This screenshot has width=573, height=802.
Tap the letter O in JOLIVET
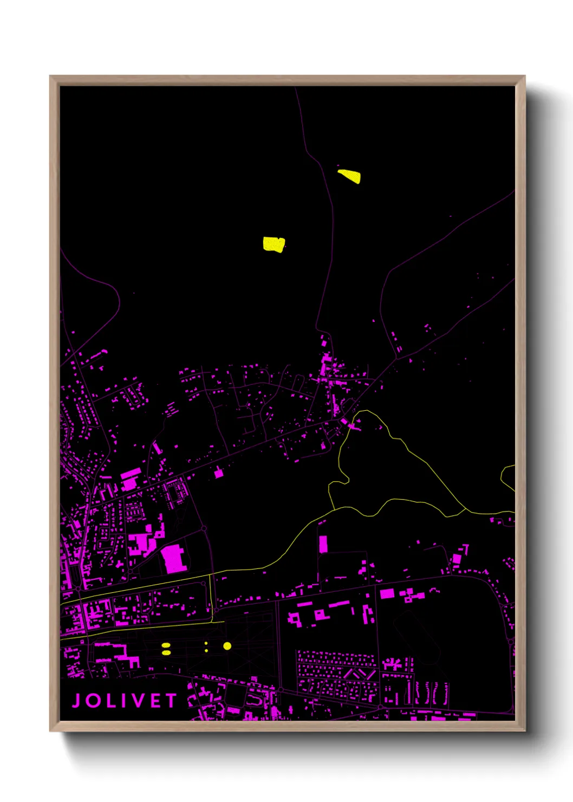click(94, 701)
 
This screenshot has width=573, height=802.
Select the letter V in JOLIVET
click(139, 701)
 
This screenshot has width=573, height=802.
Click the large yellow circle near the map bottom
click(227, 646)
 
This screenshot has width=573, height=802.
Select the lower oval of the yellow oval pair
click(166, 652)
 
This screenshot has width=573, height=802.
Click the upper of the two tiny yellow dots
click(206, 643)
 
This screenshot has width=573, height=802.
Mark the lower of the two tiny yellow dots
click(206, 649)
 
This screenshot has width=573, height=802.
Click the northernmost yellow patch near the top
click(350, 176)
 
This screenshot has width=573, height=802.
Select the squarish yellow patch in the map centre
click(274, 244)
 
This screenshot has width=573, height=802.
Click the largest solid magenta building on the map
click(174, 559)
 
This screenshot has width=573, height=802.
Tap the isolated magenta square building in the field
click(218, 474)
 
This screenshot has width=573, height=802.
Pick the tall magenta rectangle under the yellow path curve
click(323, 544)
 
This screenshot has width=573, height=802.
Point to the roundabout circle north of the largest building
click(204, 528)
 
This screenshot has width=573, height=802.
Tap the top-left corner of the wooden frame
click(51, 77)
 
